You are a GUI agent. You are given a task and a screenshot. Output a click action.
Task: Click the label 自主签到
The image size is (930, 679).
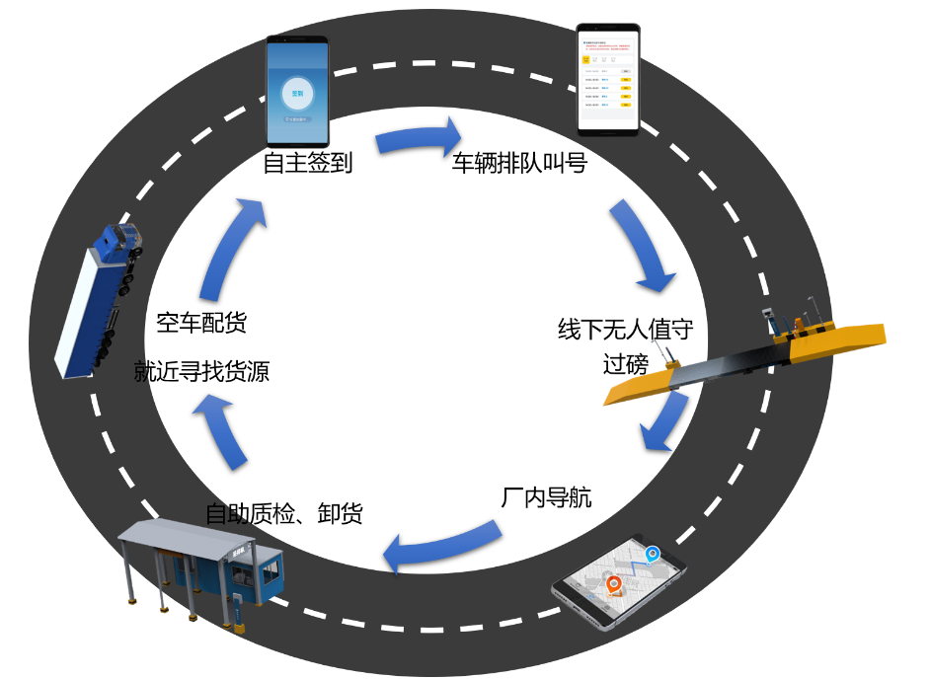coord(307,163)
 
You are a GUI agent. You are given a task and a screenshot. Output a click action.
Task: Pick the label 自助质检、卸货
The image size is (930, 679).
coord(283,513)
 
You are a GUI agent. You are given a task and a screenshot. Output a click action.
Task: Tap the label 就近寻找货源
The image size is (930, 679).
coord(201,372)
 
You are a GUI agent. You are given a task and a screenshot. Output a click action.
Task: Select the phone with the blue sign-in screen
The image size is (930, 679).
coord(296,92)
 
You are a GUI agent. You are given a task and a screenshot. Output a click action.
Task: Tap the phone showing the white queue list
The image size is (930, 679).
coord(608,79)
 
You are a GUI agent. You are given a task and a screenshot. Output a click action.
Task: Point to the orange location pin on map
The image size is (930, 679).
coord(614,586)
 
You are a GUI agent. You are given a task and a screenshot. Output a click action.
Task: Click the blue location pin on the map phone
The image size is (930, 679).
coord(652,556)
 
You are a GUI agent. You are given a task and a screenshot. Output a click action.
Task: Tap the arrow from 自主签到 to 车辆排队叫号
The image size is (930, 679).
coord(419,138)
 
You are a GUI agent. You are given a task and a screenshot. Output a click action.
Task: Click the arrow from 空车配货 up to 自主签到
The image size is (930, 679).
coord(233,247)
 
